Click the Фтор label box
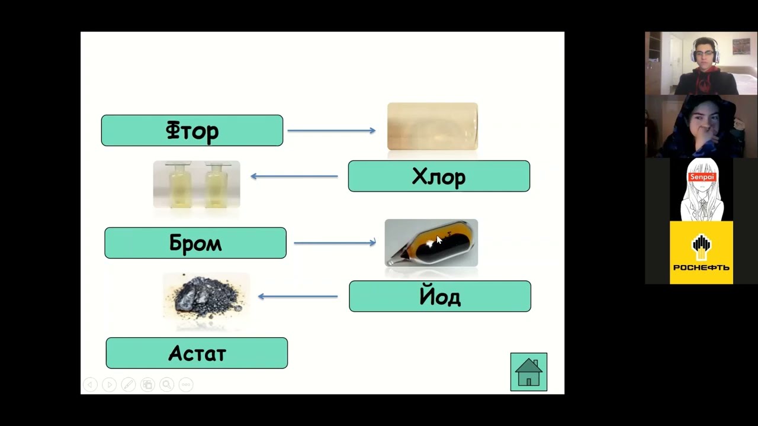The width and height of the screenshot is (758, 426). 192,130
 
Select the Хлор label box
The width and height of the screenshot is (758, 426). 439,176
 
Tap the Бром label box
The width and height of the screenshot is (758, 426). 195,243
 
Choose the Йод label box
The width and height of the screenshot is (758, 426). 440,296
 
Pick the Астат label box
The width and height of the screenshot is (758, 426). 197,353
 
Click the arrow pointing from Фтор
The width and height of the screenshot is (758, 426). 331,131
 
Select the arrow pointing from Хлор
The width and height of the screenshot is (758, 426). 294,176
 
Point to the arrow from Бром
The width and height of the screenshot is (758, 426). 335,243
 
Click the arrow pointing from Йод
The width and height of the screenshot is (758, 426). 298,296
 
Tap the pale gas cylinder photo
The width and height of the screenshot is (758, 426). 432,126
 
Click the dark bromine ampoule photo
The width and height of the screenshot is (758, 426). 431,243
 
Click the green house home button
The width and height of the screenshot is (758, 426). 529,372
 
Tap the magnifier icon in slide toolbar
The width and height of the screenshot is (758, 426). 166,385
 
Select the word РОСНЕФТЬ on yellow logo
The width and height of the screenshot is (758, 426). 701,267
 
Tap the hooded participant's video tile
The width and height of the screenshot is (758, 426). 701,126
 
